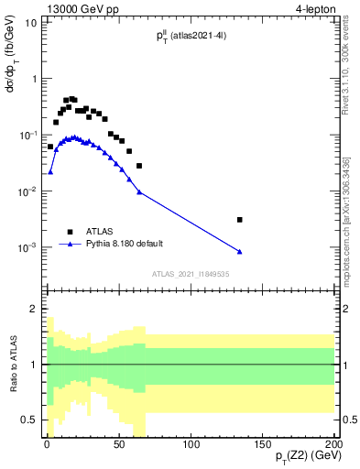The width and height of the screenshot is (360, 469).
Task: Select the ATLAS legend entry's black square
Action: click(x=69, y=232)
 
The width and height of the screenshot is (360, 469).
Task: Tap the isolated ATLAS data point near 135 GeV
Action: click(x=240, y=220)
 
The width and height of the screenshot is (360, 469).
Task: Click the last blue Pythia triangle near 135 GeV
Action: click(x=240, y=252)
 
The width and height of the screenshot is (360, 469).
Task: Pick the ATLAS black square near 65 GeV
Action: click(x=139, y=166)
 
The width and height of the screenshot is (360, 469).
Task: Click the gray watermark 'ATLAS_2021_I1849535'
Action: click(x=190, y=273)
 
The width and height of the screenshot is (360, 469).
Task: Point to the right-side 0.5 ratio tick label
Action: click(x=348, y=420)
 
